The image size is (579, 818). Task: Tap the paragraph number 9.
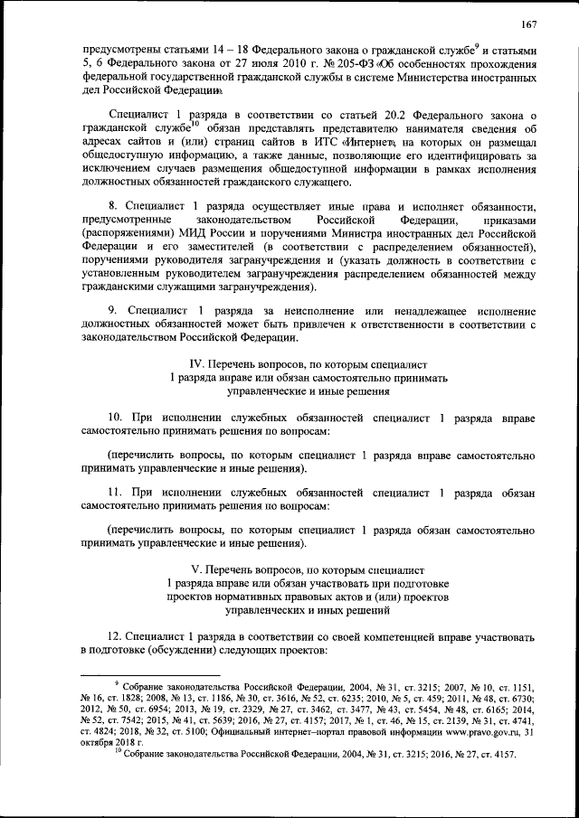tap(112, 310)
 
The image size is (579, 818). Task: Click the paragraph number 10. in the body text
tap(116, 418)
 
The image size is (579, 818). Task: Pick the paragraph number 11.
tap(116, 493)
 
